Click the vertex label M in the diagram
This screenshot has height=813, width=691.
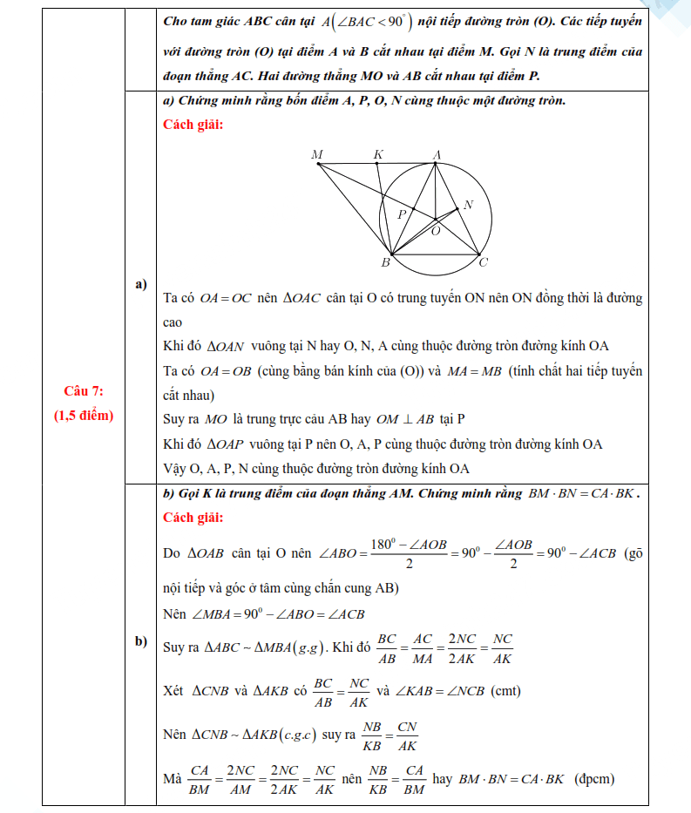317,154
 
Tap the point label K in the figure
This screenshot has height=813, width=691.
378,154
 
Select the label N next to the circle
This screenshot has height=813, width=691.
468,205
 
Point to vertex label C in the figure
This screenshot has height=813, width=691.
484,262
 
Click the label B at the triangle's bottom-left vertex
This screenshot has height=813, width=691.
384,262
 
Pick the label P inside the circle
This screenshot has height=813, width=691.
402,213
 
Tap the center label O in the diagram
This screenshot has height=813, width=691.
436,232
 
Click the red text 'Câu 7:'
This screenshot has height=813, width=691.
85,391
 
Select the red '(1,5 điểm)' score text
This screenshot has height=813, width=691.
85,415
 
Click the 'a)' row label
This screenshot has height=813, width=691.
140,284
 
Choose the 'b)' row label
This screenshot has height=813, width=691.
140,642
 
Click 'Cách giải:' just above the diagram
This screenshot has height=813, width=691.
193,124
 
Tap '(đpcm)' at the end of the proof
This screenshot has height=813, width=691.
594,778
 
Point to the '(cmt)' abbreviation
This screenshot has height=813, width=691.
506,690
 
